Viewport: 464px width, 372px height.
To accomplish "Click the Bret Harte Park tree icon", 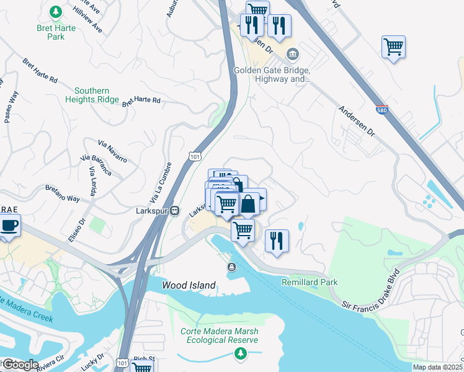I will pyautogui.click(x=56, y=12).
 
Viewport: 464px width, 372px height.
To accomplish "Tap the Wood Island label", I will pyautogui.click(x=189, y=286).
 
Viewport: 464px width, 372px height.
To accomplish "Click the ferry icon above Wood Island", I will pyautogui.click(x=231, y=267).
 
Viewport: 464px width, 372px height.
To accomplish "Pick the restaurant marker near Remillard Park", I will pyautogui.click(x=277, y=241).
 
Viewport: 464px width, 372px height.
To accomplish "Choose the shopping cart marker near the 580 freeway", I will pyautogui.click(x=394, y=46).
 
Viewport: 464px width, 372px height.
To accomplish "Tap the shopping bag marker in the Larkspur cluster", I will pyautogui.click(x=248, y=204).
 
